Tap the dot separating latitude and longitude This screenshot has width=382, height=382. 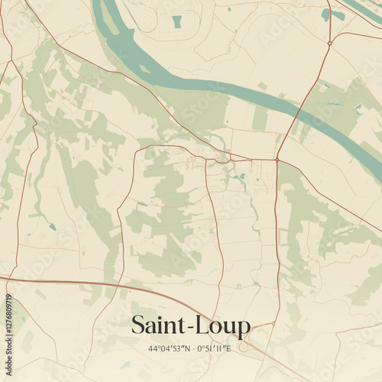[193, 349]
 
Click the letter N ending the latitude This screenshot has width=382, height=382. [185, 349]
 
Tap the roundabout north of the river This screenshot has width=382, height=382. [329, 44]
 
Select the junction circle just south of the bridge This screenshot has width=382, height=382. [277, 160]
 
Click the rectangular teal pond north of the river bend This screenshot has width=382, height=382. [177, 21]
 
